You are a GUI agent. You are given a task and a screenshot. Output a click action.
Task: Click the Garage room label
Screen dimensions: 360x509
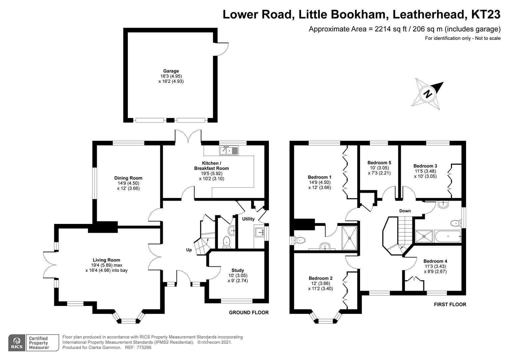171,71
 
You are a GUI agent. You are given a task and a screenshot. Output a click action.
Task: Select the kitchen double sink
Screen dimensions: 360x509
229,151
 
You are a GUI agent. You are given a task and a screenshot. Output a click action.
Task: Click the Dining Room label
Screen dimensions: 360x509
128,178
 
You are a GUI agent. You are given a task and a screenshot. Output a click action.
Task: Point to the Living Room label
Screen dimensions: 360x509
106,260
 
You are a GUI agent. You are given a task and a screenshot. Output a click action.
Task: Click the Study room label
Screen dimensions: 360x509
238,270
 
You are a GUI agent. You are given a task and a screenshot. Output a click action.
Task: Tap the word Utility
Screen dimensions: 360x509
248,219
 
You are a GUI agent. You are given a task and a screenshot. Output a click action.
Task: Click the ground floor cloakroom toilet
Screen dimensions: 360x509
227,241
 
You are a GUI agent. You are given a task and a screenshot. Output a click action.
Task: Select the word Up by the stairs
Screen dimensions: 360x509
189,250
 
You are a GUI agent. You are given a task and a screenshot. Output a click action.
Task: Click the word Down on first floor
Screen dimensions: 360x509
405,211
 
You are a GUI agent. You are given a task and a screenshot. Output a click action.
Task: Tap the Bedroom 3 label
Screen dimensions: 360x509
425,166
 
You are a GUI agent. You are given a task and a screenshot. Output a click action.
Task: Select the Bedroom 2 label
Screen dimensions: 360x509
320,278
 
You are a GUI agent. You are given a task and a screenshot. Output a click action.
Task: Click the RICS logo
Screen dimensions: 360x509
16,343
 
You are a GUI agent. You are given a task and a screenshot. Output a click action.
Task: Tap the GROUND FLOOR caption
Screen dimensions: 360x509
249,313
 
